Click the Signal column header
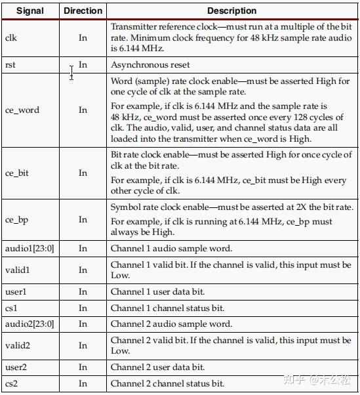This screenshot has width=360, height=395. click(30, 10)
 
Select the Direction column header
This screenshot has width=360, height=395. click(83, 10)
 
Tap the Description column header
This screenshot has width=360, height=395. click(231, 10)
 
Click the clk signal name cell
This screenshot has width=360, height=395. click(11, 37)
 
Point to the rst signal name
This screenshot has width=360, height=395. click(10, 65)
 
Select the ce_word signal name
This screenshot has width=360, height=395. click(22, 110)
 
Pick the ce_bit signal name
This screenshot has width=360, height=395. click(17, 173)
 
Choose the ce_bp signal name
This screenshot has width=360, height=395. click(17, 219)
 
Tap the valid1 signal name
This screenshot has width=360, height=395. click(17, 270)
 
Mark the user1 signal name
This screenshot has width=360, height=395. click(16, 291)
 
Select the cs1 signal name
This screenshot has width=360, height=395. click(11, 308)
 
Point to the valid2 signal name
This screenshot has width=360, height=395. click(18, 345)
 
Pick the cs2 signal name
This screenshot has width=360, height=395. click(11, 383)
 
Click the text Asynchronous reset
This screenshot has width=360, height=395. click(150, 65)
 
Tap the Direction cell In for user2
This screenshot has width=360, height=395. click(83, 367)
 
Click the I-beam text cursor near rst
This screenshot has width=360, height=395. click(71, 72)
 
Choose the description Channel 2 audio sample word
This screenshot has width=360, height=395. click(171, 323)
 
